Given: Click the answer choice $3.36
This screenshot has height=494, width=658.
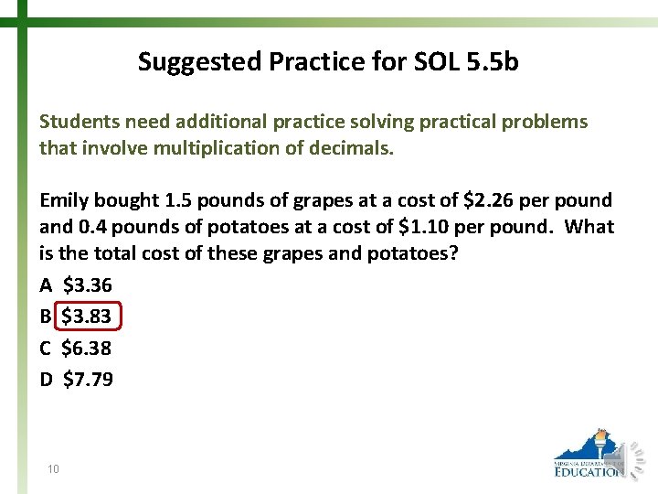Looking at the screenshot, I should [87, 285].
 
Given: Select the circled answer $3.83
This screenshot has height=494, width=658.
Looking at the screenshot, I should [87, 317].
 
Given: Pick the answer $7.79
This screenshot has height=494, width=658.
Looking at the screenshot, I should [88, 379].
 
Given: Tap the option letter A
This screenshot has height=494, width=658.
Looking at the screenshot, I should [46, 285].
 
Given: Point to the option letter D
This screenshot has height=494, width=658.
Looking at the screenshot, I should [47, 379].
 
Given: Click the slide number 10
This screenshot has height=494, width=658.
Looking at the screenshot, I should [54, 469].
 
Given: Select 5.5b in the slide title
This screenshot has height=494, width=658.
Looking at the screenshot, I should [492, 61].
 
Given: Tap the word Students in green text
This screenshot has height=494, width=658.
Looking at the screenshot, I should [79, 122].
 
